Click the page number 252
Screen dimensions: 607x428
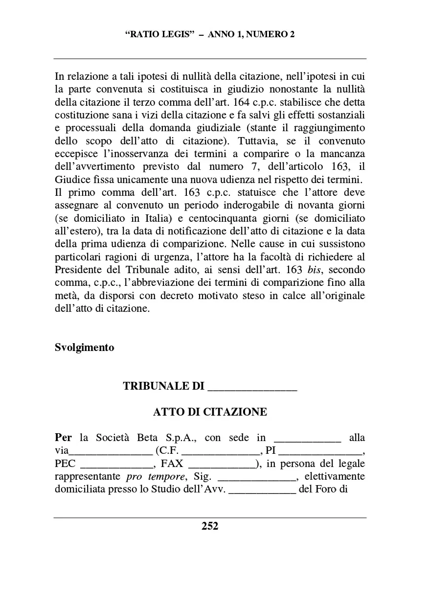click(210, 526)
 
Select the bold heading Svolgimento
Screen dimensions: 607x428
click(85, 348)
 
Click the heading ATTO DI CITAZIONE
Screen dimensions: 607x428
click(210, 412)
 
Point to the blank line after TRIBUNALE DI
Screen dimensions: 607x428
click(252, 387)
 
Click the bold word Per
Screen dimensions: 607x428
click(64, 438)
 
